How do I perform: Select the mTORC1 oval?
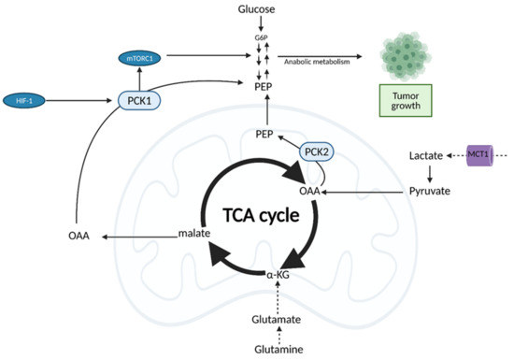point(142,58)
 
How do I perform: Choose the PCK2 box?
point(315,151)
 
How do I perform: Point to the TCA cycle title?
point(255,214)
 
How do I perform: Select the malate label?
point(191,237)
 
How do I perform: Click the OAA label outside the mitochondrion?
point(79,237)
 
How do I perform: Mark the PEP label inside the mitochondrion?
point(264,134)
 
